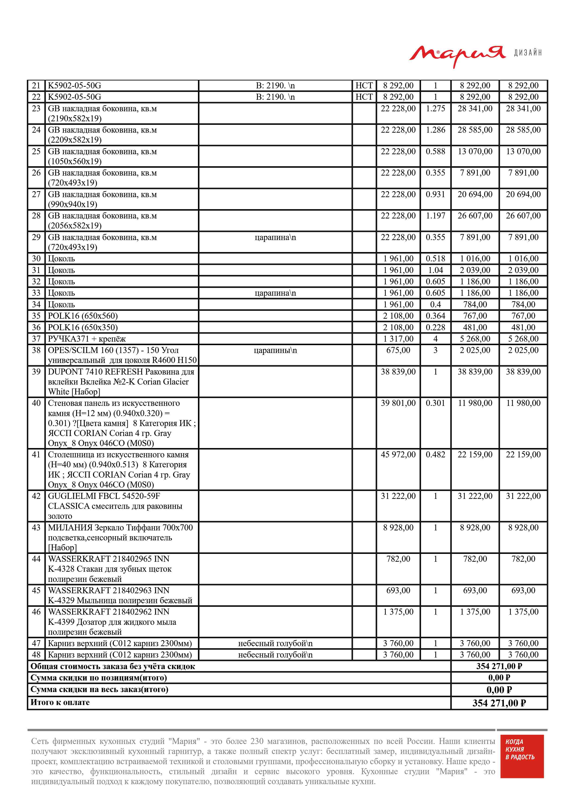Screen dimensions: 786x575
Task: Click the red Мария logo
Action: pos(457,55)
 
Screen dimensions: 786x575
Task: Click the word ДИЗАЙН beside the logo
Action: pos(528,53)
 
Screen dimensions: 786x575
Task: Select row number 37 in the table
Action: pos(36,339)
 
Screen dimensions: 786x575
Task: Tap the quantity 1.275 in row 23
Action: pos(435,109)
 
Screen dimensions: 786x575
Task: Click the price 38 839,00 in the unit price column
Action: pos(398,372)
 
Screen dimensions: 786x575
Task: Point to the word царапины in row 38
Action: pos(275,350)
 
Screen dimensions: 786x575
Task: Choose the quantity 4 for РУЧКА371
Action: pos(435,339)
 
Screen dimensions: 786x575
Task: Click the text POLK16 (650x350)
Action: pos(83,327)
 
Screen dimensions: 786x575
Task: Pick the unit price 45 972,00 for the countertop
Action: pos(398,455)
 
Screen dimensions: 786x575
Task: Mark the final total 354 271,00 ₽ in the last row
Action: pos(499,703)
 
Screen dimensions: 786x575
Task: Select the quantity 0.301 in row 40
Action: pos(435,403)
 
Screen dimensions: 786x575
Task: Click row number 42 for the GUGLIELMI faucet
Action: pos(36,496)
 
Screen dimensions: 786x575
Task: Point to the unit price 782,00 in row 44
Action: pos(398,559)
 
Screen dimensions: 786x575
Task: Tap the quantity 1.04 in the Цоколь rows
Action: pos(435,270)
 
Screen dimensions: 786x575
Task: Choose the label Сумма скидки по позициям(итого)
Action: pos(99,678)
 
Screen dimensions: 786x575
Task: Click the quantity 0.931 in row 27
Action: pos(435,194)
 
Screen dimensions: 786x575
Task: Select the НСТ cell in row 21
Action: pos(364,86)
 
